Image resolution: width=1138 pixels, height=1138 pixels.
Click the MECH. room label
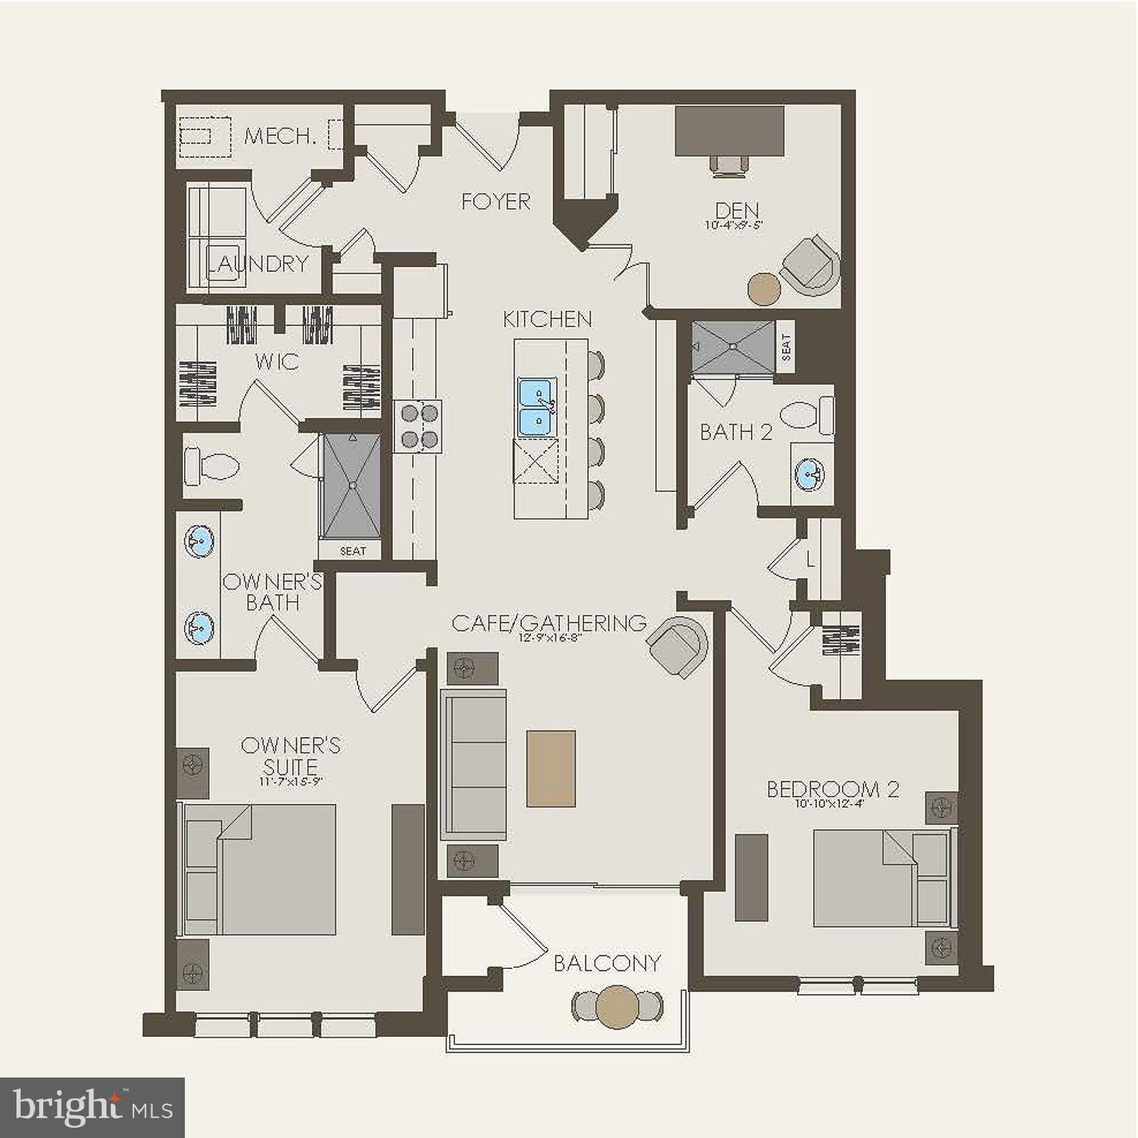pos(280,135)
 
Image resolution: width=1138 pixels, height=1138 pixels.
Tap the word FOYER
pos(495,201)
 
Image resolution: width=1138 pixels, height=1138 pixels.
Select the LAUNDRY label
pos(258,263)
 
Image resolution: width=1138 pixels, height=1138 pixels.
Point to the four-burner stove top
pos(419,426)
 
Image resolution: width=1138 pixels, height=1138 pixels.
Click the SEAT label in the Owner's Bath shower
pos(353,550)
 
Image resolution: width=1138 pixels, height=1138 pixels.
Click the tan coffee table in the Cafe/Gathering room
pos(551,768)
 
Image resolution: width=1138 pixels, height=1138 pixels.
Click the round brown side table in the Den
pos(763,289)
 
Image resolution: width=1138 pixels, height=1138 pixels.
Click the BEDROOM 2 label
pos(832,789)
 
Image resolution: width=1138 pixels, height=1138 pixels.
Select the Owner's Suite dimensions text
pos(291,782)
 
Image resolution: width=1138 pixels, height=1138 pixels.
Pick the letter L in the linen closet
pos(811,561)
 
